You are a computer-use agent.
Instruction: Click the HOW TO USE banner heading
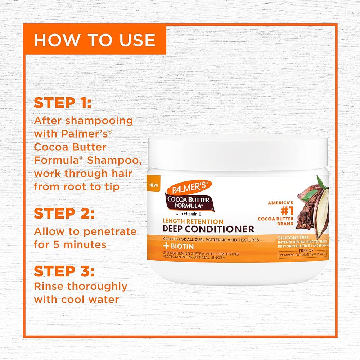[94, 40]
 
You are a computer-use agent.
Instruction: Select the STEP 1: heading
[63, 103]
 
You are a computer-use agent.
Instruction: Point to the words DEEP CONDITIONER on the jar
[209, 229]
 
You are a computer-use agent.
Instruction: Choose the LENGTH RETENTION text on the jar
[193, 221]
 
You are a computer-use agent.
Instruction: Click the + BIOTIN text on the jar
[179, 247]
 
